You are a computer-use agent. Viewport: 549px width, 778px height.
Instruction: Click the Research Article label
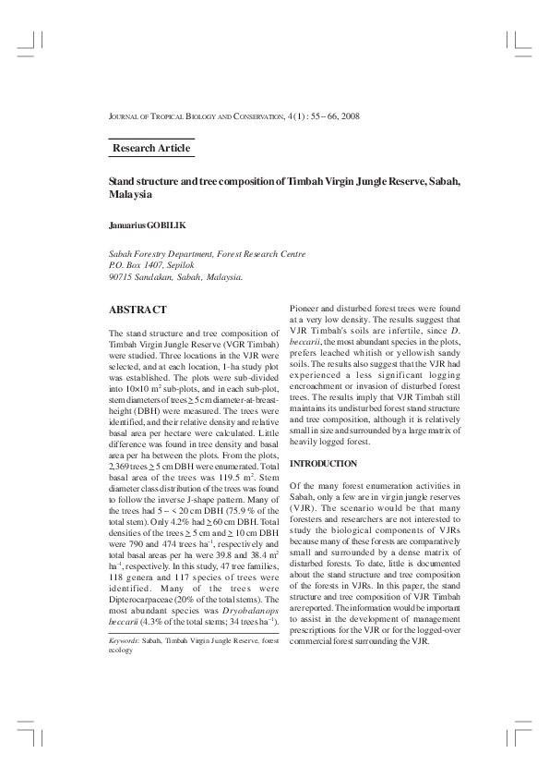tap(151, 148)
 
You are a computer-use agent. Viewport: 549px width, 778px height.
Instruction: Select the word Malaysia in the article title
tap(130, 196)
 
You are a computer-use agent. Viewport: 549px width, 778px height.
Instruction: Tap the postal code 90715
tap(121, 275)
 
